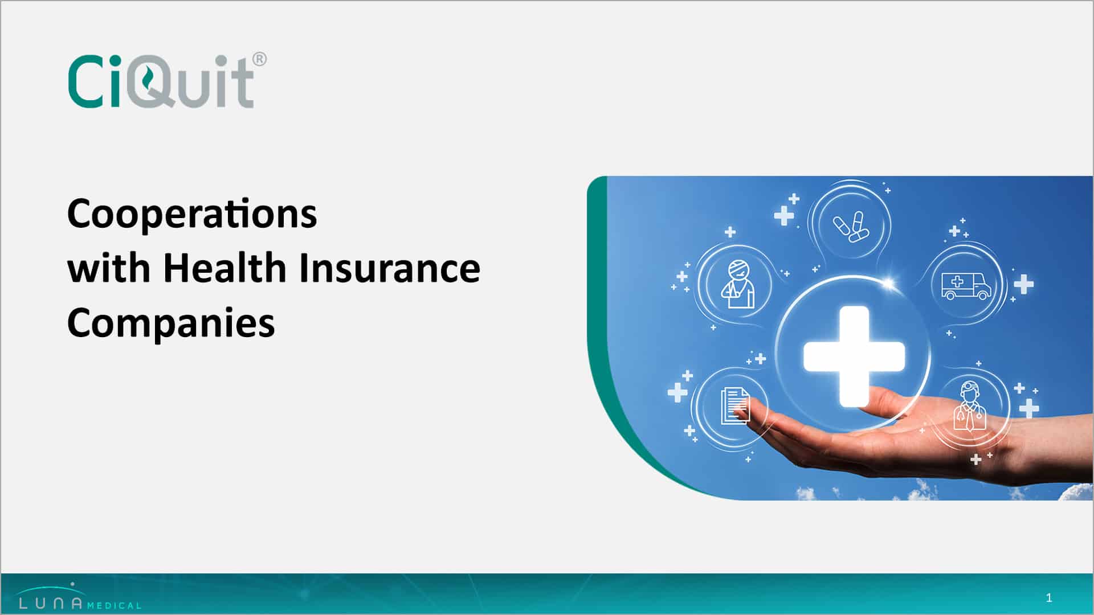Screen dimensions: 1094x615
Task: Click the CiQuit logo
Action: pos(167,80)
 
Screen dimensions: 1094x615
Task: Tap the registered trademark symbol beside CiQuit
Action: pos(259,59)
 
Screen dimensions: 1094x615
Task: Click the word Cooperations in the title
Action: pos(192,215)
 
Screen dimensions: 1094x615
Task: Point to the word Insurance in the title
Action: pos(390,268)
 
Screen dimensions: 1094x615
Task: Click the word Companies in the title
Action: pos(171,323)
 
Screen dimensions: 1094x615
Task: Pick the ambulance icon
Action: pos(966,285)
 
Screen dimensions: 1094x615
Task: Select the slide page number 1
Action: pos(1049,598)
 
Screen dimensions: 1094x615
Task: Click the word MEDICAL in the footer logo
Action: pos(115,605)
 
